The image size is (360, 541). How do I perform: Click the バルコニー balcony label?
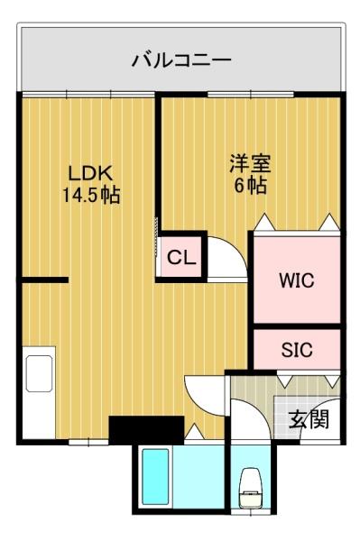click(x=181, y=60)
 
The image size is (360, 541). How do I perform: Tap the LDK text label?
click(x=91, y=173)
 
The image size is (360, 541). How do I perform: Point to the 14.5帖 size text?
click(x=91, y=196)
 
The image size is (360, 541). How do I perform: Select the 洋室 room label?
click(x=251, y=163)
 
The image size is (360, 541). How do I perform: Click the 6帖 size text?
click(x=251, y=185)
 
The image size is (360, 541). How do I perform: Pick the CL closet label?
click(x=181, y=257)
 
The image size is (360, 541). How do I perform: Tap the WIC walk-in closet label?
click(x=297, y=280)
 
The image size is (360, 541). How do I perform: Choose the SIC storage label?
click(x=297, y=350)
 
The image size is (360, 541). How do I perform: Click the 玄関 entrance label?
click(x=309, y=419)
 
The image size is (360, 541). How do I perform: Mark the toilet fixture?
click(x=251, y=488)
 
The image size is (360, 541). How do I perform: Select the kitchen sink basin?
click(x=39, y=373)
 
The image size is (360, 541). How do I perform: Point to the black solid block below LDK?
click(x=146, y=430)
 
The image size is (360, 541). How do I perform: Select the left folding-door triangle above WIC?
click(x=264, y=223)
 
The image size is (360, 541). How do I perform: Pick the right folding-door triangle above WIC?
click(x=329, y=223)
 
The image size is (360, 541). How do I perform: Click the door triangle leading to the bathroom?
click(x=195, y=431)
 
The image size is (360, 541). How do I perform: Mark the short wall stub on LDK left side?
click(x=44, y=280)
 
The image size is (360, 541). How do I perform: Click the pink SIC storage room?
click(x=297, y=350)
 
